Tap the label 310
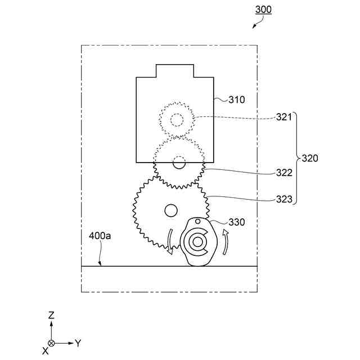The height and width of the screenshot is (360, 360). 237,100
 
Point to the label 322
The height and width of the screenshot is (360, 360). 284,173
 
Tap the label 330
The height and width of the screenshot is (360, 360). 237,222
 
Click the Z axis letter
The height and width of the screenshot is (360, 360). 51,316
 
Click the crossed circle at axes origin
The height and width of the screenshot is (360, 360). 52,343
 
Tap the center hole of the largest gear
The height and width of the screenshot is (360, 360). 169,210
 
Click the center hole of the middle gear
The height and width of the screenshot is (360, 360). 179,163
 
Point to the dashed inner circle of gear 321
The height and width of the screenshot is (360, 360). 177,119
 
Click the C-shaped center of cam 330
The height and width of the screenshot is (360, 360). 197,241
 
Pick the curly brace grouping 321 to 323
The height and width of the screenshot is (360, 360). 296,158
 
